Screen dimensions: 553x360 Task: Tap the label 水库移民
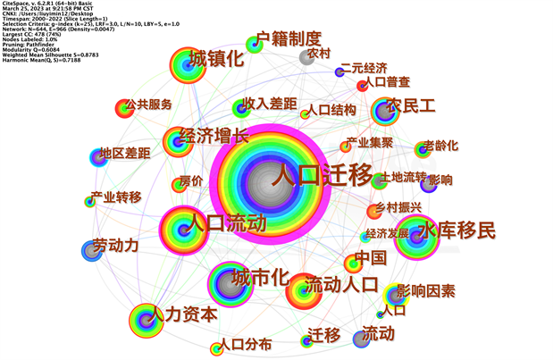456,230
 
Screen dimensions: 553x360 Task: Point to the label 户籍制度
288,38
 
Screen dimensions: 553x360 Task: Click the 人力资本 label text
184,314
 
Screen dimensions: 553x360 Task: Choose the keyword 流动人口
340,286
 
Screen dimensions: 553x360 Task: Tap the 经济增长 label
214,137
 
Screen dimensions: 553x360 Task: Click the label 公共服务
150,105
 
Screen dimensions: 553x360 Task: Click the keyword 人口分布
247,344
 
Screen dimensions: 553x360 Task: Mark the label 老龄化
440,145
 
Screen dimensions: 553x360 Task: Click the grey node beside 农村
309,58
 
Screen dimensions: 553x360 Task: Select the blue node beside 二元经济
339,71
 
